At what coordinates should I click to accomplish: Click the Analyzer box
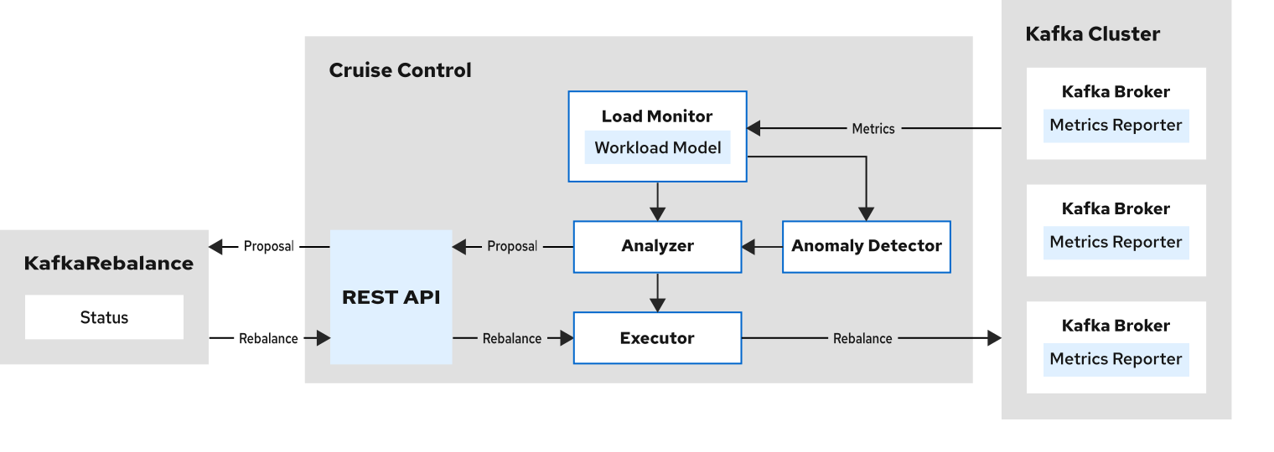[x=657, y=246]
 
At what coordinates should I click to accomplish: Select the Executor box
[x=657, y=338]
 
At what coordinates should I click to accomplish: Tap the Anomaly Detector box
[x=866, y=246]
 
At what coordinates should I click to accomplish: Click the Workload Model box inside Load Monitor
[x=657, y=148]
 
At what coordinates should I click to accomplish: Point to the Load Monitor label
[x=657, y=116]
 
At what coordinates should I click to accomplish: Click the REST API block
[x=391, y=297]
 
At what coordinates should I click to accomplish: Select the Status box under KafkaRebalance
[x=104, y=317]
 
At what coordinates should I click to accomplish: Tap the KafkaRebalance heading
[x=108, y=264]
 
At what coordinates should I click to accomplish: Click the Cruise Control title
[x=400, y=70]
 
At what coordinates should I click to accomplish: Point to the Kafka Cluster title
[x=1092, y=34]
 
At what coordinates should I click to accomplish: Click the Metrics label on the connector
[x=873, y=129]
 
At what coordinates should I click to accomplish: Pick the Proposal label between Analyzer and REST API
[x=512, y=247]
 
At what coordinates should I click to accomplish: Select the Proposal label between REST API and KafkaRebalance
[x=268, y=247]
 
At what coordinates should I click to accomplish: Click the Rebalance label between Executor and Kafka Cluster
[x=862, y=339]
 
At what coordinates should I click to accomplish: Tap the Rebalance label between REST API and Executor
[x=511, y=339]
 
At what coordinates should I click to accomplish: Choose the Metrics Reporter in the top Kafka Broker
[x=1116, y=126]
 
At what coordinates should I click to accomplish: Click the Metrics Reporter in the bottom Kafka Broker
[x=1116, y=359]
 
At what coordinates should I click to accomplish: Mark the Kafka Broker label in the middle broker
[x=1116, y=208]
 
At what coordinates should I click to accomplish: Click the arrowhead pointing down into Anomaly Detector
[x=866, y=213]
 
